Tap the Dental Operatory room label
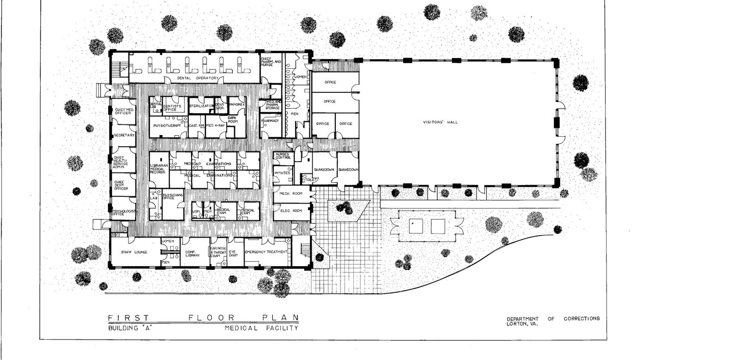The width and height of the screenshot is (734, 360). [x=198, y=78]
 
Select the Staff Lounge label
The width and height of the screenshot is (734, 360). [x=134, y=252]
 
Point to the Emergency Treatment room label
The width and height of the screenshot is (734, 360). [x=267, y=252]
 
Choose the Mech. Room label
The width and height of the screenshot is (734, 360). [x=292, y=194]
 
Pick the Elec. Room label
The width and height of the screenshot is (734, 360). [x=292, y=210]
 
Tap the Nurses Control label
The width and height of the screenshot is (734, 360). [x=283, y=156]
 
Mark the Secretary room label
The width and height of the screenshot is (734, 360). [x=124, y=135]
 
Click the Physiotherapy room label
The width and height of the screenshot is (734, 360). [x=167, y=125]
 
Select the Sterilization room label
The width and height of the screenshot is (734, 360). [x=201, y=105]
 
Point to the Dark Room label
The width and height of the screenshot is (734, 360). [x=233, y=119]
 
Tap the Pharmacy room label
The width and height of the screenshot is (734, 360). [x=270, y=121]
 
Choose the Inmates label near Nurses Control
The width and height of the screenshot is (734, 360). [x=282, y=173]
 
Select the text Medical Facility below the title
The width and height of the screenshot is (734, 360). [x=261, y=328]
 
